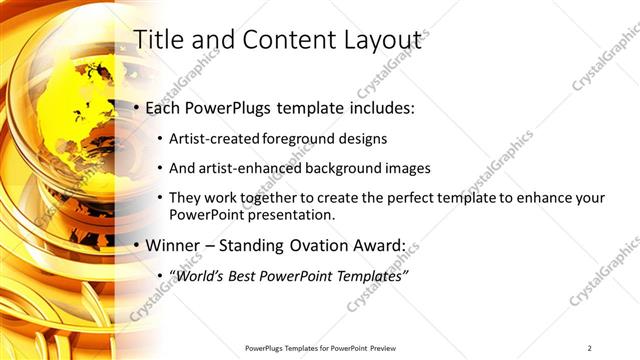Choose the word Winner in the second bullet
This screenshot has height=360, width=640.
(172, 245)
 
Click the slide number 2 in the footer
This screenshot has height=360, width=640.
(590, 347)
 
